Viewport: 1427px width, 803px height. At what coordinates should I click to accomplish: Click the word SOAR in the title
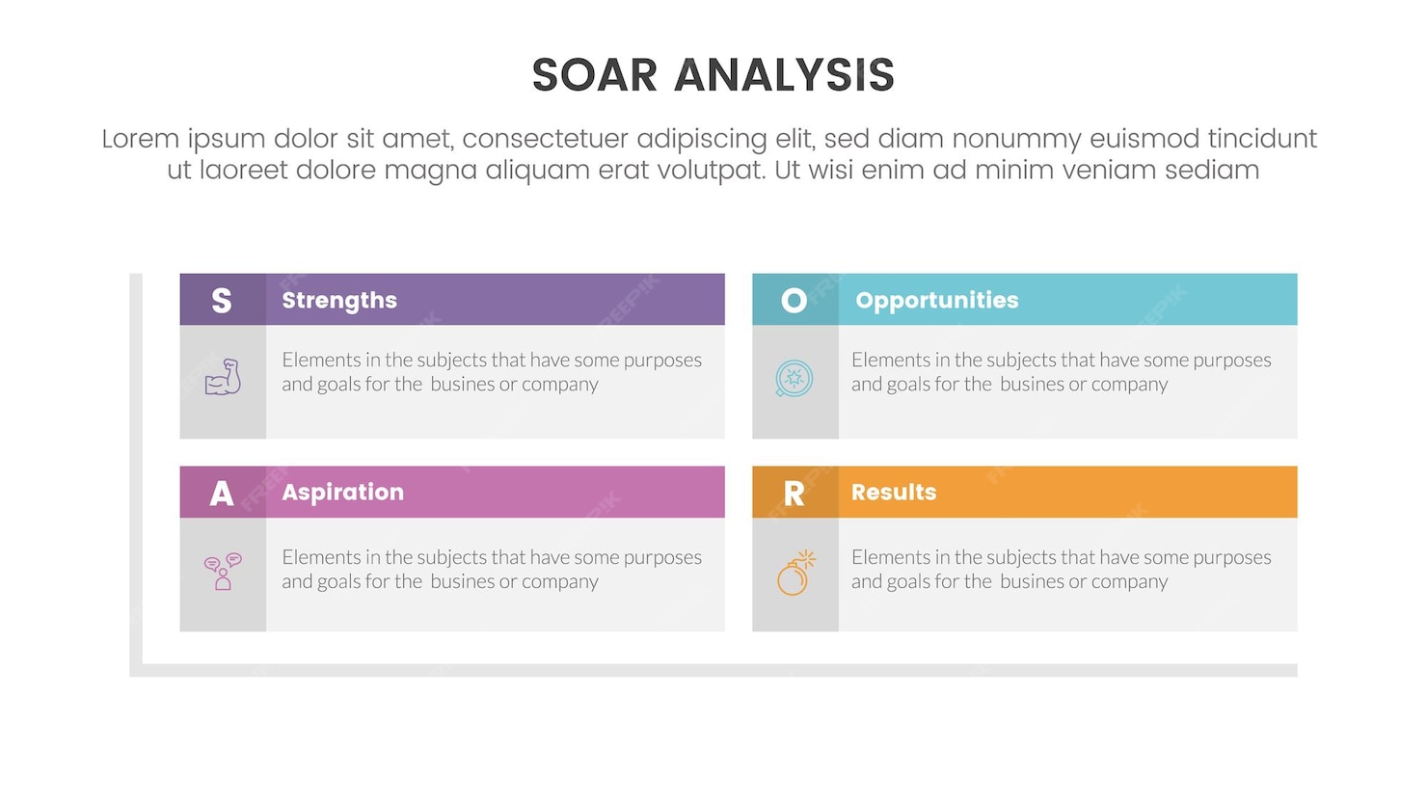594,75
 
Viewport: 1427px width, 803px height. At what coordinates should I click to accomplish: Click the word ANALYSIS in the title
784,75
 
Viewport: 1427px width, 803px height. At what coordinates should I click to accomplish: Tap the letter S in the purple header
222,301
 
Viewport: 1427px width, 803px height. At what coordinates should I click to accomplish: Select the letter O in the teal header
794,301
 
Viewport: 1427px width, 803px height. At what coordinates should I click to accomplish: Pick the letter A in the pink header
222,494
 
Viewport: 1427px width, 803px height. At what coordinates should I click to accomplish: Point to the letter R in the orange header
794,494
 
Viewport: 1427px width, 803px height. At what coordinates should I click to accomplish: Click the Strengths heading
339,301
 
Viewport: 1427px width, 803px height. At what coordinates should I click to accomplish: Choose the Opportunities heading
936,301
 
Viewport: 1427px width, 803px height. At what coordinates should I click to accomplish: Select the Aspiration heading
342,493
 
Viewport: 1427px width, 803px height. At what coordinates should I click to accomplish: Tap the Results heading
893,493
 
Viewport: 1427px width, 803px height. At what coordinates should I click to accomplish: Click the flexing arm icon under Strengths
223,377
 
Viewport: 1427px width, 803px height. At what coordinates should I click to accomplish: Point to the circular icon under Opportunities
794,378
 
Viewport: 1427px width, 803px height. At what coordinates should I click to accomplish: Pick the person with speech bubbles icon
223,572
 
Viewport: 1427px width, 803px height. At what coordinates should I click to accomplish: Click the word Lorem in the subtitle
141,139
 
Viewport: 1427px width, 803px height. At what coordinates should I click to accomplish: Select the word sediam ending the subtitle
1212,171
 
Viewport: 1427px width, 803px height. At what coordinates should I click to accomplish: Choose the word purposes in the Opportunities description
1231,361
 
